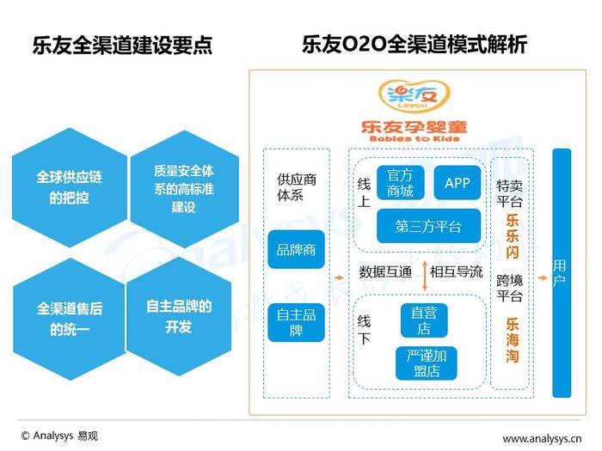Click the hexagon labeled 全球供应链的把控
point(70,187)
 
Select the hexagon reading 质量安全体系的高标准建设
point(184,189)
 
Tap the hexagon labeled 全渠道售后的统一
point(69,319)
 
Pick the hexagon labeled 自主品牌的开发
point(179,317)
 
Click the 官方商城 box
point(401,182)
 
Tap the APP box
point(458,182)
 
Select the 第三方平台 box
point(428,226)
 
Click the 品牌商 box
point(296,249)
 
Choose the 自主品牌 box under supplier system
point(296,322)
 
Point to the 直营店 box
point(424,320)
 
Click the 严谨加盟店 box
point(427,363)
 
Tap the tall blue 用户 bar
point(562,273)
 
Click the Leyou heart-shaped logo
point(414,95)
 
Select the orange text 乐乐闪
point(513,236)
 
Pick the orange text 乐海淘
point(513,340)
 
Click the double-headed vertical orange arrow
point(425,276)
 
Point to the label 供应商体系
point(297,187)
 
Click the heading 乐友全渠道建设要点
point(122,46)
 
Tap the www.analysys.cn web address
point(542,438)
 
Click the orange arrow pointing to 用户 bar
point(542,277)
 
